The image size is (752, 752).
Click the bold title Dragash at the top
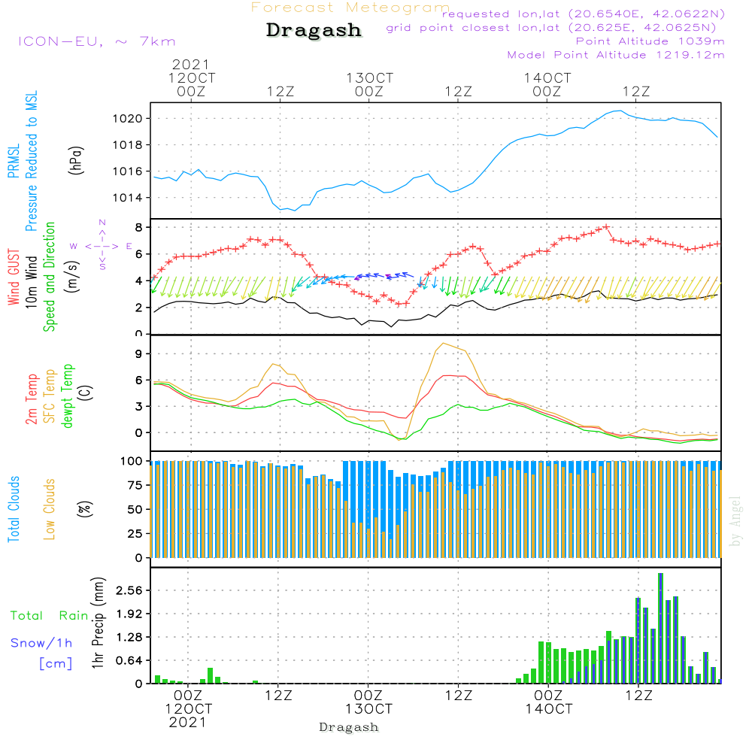[x=314, y=31]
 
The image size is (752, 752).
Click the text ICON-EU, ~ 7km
[x=96, y=41]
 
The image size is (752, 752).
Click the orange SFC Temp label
[x=50, y=396]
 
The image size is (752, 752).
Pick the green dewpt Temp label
[x=68, y=396]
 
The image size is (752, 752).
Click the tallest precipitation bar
[x=660, y=628]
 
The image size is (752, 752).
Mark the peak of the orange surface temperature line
[x=443, y=344]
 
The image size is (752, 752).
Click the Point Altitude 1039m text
[x=650, y=41]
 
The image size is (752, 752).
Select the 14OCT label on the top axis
[x=547, y=77]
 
